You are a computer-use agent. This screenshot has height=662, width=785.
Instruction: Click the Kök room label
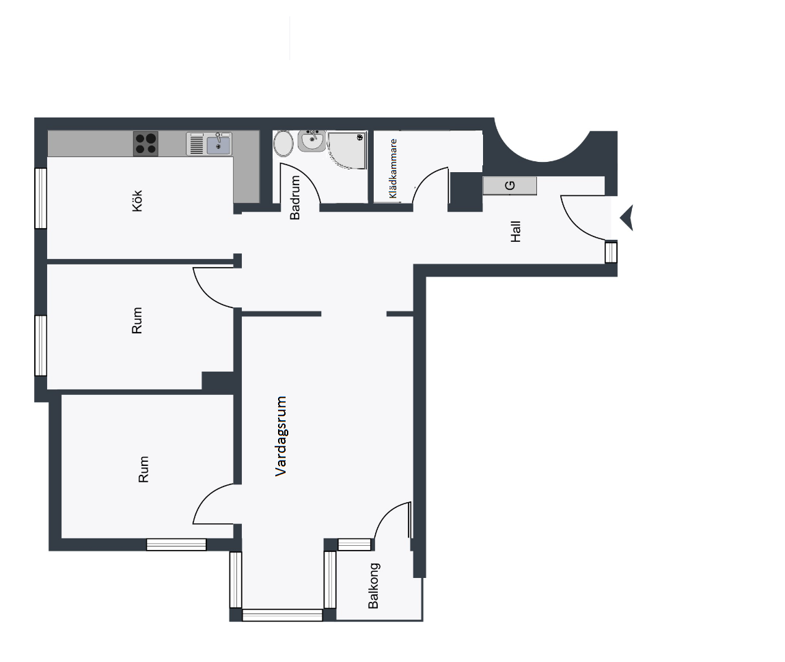137,201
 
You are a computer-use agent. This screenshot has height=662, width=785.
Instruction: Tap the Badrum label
295,197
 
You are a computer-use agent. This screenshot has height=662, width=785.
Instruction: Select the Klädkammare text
393,169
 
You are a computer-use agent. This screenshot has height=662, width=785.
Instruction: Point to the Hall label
515,232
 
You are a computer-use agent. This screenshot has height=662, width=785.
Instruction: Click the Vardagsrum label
280,436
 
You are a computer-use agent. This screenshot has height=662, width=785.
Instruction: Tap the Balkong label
374,586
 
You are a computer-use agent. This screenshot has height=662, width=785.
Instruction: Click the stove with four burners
146,143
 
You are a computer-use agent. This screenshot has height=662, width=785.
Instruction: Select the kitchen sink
209,143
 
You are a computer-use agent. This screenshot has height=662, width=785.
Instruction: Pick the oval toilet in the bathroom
284,143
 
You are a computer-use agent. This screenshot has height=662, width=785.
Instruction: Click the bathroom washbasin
312,141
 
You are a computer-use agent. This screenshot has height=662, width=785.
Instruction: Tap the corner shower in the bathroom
348,150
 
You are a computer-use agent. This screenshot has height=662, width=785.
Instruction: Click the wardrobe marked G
510,186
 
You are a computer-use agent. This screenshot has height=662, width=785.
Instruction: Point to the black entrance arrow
626,218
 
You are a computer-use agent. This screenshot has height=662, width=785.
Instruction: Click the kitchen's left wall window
40,198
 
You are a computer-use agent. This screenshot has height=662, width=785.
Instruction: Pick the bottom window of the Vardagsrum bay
282,615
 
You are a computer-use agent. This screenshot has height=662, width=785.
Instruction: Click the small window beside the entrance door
611,252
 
